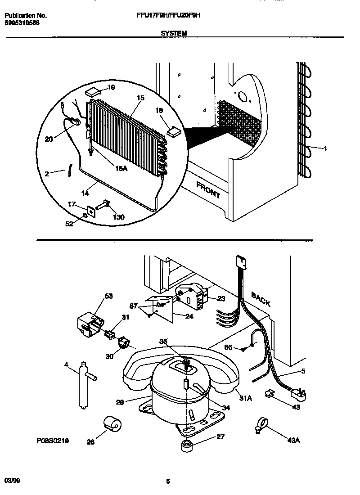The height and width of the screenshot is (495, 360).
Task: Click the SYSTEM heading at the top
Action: tap(173, 33)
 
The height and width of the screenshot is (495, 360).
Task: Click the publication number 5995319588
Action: tap(22, 22)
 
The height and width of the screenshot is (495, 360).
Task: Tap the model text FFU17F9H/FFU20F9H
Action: tap(168, 15)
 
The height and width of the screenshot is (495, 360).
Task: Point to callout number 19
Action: tap(111, 88)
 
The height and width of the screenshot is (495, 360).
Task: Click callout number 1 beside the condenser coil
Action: tap(325, 148)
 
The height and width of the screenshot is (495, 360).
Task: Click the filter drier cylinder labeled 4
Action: tap(83, 385)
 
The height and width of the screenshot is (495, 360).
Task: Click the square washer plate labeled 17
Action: tap(92, 211)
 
